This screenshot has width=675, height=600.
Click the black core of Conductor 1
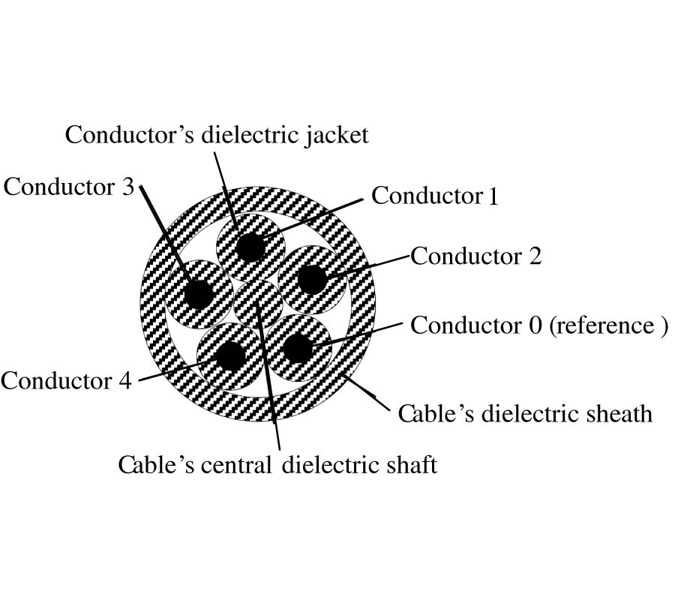click(250, 247)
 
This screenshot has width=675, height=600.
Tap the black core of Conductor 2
click(311, 280)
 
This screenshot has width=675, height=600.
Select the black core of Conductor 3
click(199, 293)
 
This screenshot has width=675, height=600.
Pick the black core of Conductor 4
click(230, 354)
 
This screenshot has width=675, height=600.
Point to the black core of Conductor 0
click(298, 348)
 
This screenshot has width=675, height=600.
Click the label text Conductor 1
click(435, 196)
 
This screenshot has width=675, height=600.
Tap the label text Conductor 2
click(475, 256)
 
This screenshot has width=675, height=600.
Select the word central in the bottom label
click(237, 465)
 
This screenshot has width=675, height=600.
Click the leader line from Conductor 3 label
click(165, 232)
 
